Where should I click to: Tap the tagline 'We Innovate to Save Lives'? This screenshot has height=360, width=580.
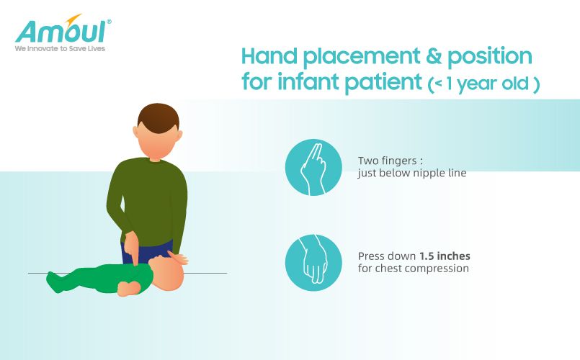pyautogui.click(x=60, y=48)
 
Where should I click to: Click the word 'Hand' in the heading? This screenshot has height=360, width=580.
pyautogui.click(x=269, y=56)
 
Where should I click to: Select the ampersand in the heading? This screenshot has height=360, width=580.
pyautogui.click(x=434, y=56)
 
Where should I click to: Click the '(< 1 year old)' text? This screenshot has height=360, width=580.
pyautogui.click(x=484, y=84)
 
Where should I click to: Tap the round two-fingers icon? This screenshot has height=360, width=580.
pyautogui.click(x=313, y=167)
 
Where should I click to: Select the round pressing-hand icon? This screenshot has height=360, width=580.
pyautogui.click(x=313, y=262)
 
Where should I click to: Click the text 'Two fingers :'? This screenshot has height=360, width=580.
pyautogui.click(x=391, y=161)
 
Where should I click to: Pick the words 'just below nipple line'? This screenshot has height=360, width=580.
pyautogui.click(x=412, y=173)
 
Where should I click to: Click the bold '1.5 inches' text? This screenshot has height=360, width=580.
pyautogui.click(x=445, y=256)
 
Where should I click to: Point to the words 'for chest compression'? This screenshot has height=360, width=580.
pyautogui.click(x=413, y=269)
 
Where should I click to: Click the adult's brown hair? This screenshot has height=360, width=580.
pyautogui.click(x=159, y=117)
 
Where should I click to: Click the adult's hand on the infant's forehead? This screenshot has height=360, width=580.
pyautogui.click(x=177, y=258)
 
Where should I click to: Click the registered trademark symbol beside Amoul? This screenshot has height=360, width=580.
pyautogui.click(x=109, y=22)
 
